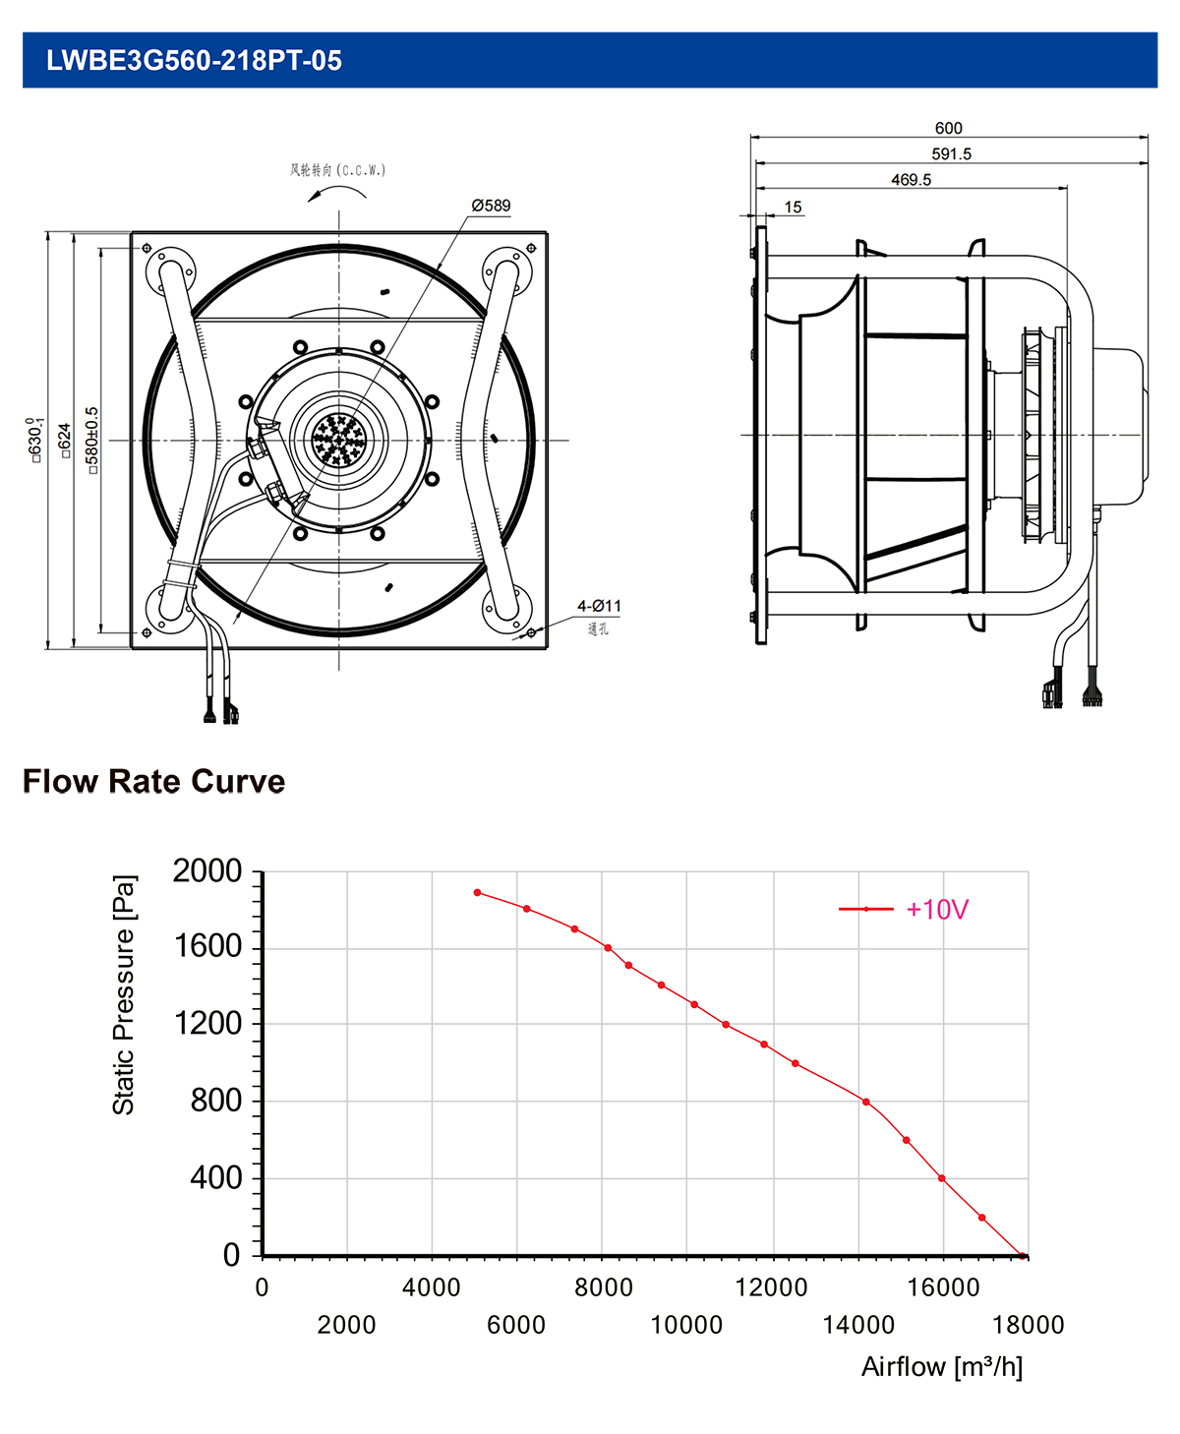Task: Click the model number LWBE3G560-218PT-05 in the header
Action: point(194,61)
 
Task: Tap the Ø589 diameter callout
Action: point(491,206)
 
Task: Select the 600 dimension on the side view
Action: point(948,128)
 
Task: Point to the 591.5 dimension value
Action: point(951,153)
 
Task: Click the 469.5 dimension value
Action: point(911,180)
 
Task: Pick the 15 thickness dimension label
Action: point(793,207)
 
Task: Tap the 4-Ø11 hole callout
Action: point(599,605)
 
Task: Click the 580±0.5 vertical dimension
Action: point(92,441)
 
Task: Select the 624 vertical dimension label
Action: point(65,441)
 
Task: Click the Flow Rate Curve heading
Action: point(153,781)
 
